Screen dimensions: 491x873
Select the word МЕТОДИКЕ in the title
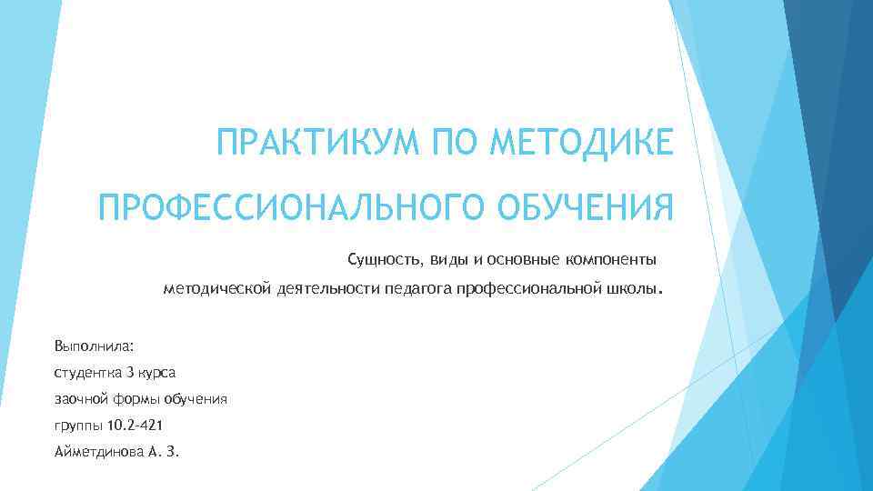coord(582,144)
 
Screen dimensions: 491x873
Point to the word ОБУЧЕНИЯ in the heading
coord(587,208)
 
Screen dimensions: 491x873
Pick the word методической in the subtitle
coord(216,289)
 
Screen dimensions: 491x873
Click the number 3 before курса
coord(130,373)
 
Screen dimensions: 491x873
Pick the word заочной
coord(82,399)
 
